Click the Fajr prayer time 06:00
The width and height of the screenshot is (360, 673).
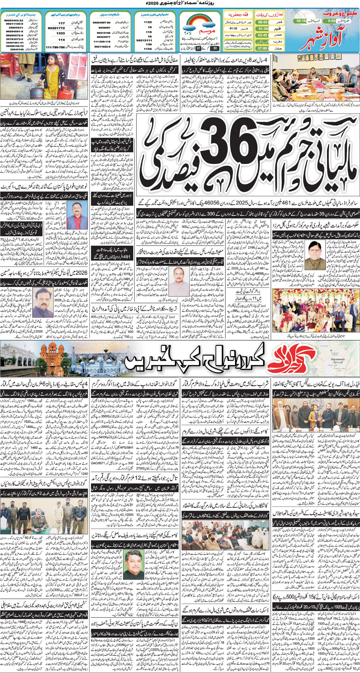(x=262, y=22)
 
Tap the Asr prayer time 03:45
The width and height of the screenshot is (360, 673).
(x=262, y=35)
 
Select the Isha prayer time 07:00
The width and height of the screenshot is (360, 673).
(x=262, y=48)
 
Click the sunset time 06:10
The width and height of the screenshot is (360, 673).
(x=301, y=21)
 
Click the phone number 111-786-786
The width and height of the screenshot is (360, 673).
(x=55, y=47)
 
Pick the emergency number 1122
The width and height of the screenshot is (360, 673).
(x=148, y=22)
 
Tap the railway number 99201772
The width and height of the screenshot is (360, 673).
(x=56, y=28)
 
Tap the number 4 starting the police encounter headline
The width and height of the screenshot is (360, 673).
(x=86, y=384)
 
